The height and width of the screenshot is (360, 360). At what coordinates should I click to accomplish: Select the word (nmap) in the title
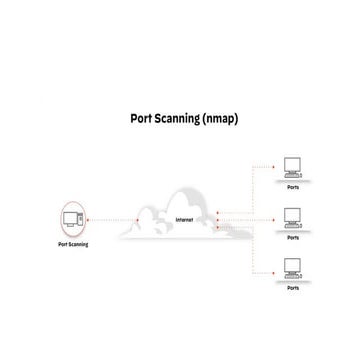click(x=220, y=117)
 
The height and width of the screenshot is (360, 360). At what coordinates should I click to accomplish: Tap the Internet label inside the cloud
click(x=185, y=219)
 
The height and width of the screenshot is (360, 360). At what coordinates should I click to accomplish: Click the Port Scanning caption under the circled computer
click(x=74, y=243)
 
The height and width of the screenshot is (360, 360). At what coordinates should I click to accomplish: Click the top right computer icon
click(x=293, y=165)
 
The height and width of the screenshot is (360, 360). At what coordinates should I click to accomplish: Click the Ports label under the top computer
click(x=293, y=184)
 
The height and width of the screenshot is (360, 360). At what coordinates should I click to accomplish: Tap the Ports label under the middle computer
click(x=293, y=238)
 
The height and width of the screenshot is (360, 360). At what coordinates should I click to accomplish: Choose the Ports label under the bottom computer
click(x=293, y=288)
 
